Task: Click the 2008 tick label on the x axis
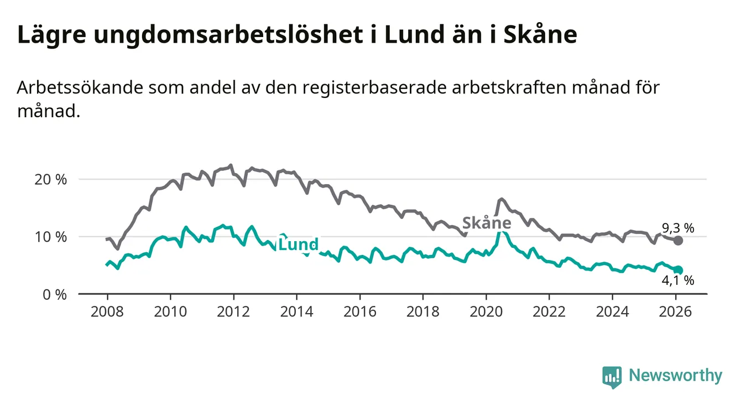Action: coord(107,312)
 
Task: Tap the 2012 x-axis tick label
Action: coord(233,312)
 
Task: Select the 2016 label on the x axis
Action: coord(359,312)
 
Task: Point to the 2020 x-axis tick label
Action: coord(486,312)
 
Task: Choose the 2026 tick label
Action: coord(675,312)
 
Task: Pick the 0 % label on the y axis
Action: coord(54,294)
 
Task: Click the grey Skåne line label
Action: coord(486,223)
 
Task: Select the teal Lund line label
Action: coord(298,244)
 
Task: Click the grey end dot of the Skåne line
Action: coord(678,241)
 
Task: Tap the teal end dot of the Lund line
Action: coord(679,270)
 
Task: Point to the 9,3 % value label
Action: coord(677,227)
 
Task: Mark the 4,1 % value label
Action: coord(677,281)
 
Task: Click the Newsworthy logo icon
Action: coord(612,376)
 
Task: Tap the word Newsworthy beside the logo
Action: coord(676,376)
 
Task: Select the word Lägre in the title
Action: coord(50,35)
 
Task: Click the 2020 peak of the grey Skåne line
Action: coord(501,199)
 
